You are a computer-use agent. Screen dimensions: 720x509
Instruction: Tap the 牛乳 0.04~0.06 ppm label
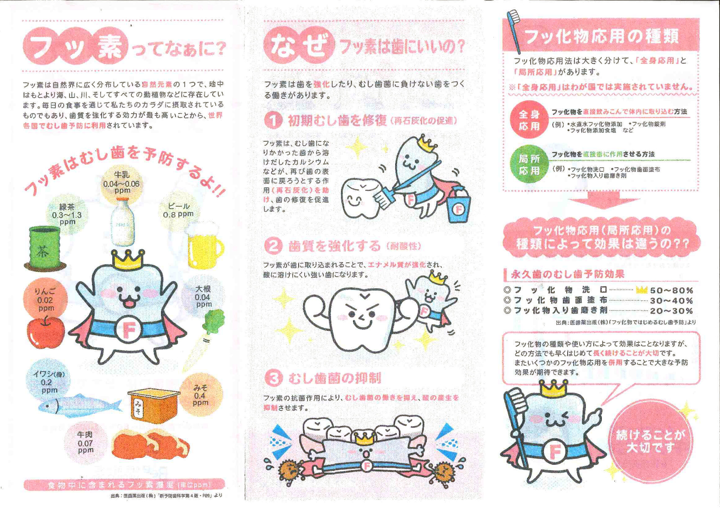pos(122,183)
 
